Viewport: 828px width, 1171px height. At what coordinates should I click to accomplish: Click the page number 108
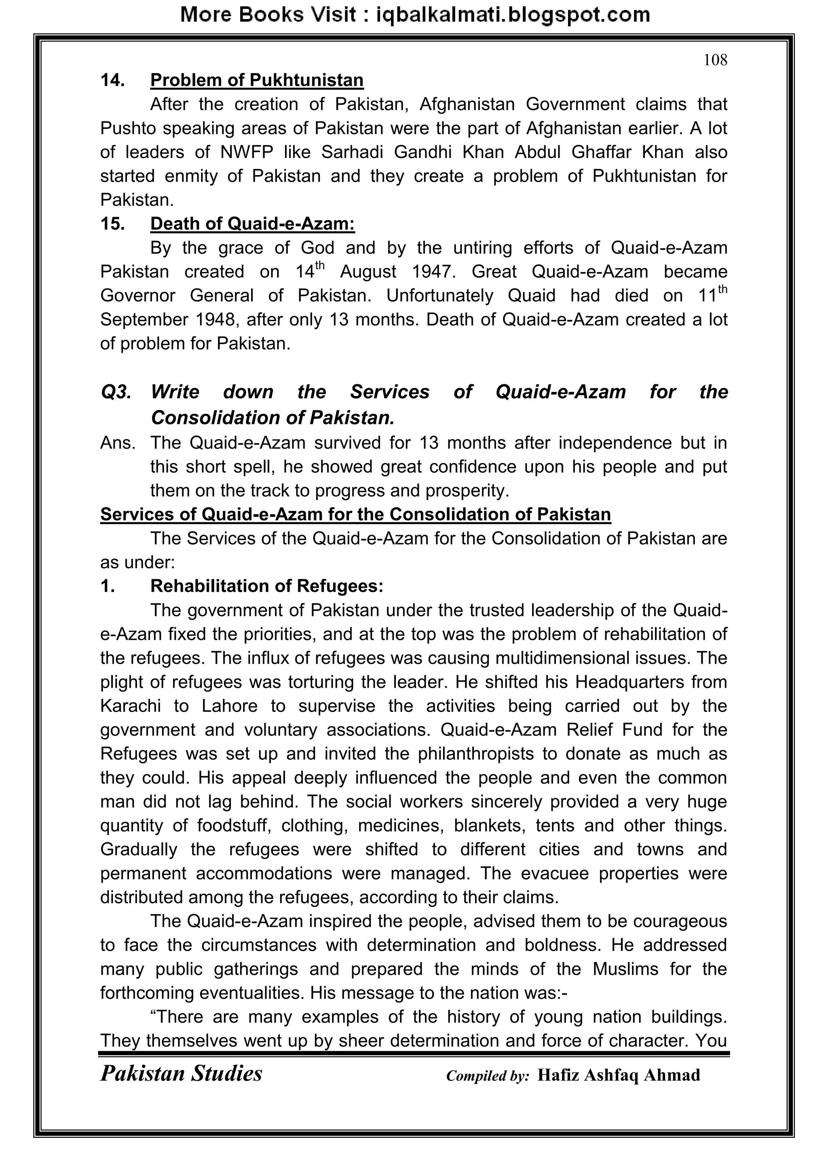click(x=715, y=60)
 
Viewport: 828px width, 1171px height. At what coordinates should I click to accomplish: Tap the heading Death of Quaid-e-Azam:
click(x=252, y=223)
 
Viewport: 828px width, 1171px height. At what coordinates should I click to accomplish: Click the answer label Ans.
click(x=118, y=442)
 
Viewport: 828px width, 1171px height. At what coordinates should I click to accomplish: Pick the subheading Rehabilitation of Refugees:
click(x=266, y=586)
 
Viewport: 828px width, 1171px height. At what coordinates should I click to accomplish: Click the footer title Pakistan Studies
click(x=181, y=1074)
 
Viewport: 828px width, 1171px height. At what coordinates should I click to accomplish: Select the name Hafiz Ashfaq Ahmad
click(x=619, y=1075)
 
